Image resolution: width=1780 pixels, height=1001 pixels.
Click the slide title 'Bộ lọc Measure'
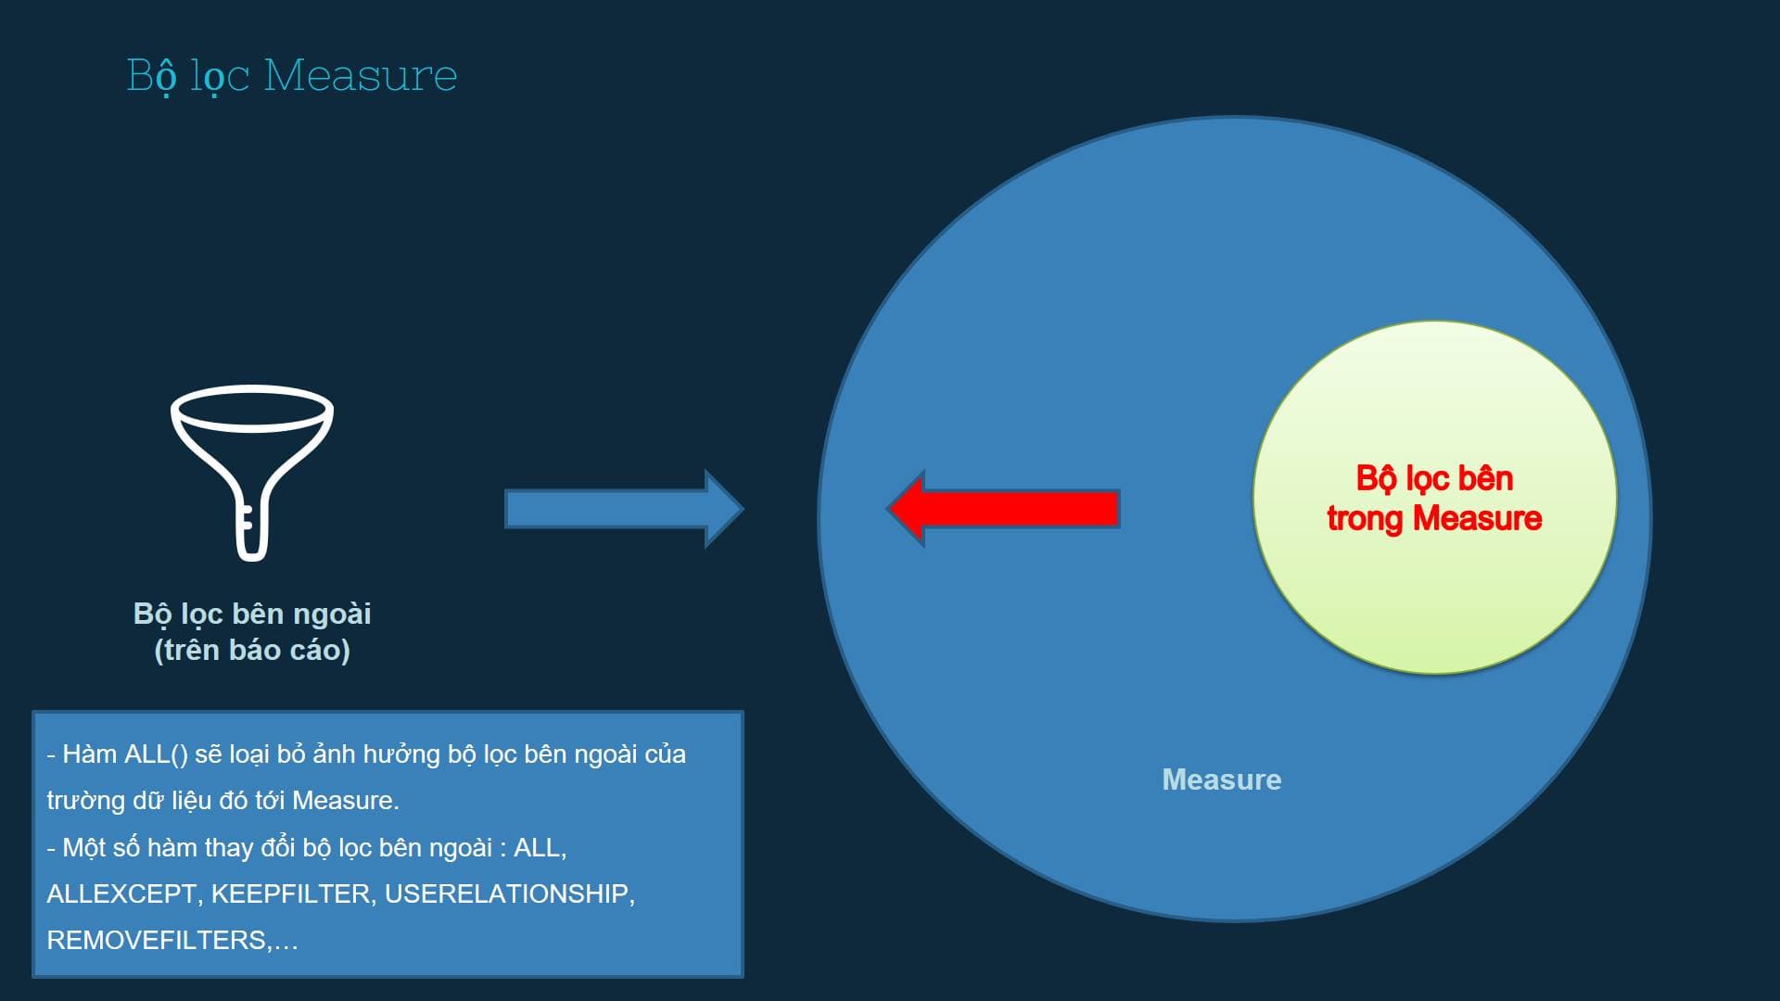(292, 75)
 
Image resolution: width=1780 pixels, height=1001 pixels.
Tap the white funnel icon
(252, 473)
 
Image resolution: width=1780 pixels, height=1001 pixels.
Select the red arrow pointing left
(1003, 509)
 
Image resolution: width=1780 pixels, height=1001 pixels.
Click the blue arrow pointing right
(624, 509)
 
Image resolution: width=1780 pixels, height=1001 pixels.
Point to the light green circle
(1434, 498)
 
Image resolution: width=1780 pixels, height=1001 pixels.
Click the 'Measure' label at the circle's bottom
(1222, 779)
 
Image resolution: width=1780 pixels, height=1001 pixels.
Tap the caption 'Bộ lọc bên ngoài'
(252, 614)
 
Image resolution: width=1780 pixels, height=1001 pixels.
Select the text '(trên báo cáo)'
(252, 650)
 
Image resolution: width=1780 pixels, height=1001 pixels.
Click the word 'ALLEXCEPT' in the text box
(121, 893)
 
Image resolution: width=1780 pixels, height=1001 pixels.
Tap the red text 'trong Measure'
(1434, 518)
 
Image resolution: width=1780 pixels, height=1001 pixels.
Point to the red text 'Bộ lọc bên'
(1434, 478)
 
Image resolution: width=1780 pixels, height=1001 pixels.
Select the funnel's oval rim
(252, 409)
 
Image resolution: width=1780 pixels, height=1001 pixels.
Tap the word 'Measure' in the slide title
(361, 75)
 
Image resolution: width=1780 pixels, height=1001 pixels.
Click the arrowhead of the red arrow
(906, 509)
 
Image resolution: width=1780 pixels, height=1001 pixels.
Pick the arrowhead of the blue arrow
(725, 509)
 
